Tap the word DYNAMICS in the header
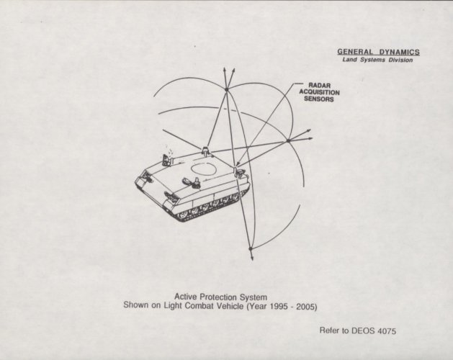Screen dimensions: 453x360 click(x=399, y=52)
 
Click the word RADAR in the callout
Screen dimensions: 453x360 click(x=319, y=85)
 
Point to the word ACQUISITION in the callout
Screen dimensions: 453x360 click(x=319, y=92)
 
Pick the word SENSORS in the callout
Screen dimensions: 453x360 click(x=319, y=99)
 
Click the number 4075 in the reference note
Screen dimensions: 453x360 click(x=386, y=331)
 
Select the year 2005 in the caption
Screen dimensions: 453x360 click(x=307, y=306)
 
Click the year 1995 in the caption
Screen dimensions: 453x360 click(x=279, y=306)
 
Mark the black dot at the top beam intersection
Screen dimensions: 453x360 click(x=226, y=89)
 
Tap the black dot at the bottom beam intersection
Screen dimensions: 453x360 click(x=251, y=248)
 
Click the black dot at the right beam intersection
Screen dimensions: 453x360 click(x=288, y=140)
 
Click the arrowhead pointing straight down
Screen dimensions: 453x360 click(x=252, y=258)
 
